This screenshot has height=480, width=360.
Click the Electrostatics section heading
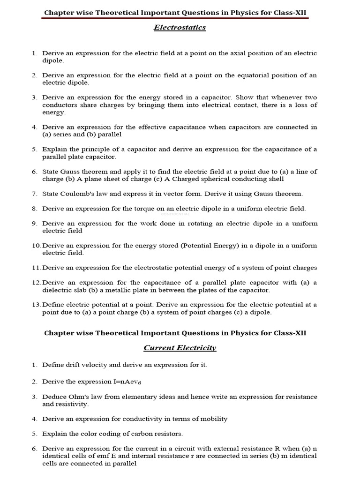(180, 28)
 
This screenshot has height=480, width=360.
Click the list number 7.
(34, 194)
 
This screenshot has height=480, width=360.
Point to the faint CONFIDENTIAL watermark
(175, 214)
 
